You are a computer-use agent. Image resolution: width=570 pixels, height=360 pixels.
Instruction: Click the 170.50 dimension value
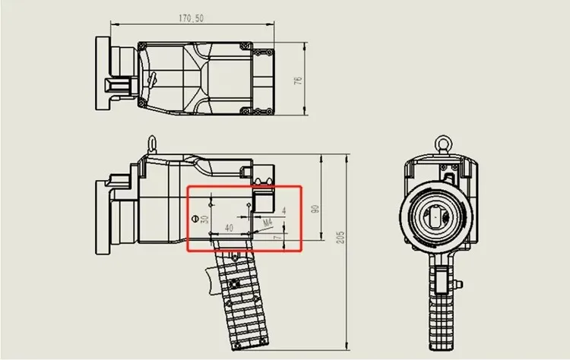(191, 18)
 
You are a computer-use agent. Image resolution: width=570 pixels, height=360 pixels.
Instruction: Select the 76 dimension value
(298, 81)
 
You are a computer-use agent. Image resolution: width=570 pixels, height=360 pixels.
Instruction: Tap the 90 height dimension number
(315, 209)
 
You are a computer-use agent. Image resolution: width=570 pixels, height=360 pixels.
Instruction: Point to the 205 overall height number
(340, 237)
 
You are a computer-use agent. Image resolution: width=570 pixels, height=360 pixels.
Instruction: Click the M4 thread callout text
(268, 223)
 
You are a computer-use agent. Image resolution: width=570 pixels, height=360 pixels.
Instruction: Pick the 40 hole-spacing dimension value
(229, 228)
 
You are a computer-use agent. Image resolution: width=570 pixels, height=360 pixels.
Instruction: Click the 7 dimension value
(278, 237)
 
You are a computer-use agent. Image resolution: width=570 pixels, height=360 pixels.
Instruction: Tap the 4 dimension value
(284, 210)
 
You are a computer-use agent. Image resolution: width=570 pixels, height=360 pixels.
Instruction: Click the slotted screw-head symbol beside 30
(195, 219)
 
